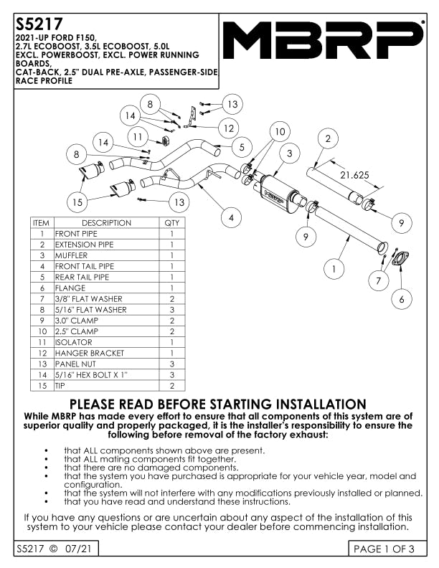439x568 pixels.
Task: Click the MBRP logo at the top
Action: (x=323, y=39)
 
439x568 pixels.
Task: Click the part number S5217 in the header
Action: (x=39, y=24)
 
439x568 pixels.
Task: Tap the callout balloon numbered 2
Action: (x=328, y=138)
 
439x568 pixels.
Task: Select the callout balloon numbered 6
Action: (x=401, y=299)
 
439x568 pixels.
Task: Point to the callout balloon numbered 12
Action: (x=229, y=128)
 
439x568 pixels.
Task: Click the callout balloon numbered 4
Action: (x=231, y=218)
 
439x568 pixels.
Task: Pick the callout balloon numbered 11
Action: (x=138, y=137)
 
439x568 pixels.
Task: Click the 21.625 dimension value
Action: (x=354, y=175)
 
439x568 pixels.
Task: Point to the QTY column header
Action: (x=172, y=223)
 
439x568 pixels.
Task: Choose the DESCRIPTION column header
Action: (x=106, y=223)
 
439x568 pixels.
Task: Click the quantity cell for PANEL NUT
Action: (x=172, y=364)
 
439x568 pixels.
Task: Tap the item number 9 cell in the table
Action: (x=42, y=321)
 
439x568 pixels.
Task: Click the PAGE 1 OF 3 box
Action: (x=387, y=549)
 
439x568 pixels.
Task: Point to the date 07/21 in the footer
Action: (x=78, y=549)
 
